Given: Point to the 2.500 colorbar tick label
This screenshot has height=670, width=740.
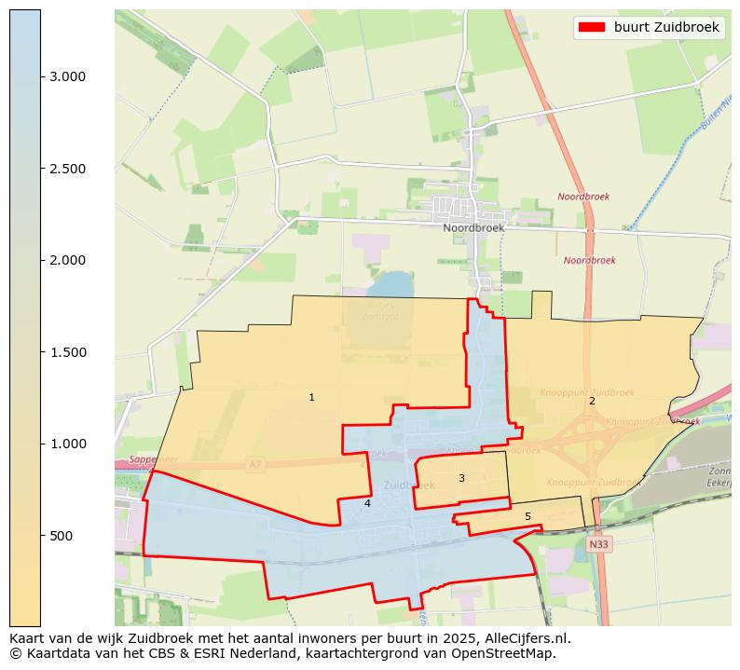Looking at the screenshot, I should [67, 169].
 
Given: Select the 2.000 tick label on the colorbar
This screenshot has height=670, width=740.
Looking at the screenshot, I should [67, 260].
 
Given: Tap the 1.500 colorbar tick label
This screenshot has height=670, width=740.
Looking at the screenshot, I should [67, 352].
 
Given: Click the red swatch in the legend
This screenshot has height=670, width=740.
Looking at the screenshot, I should [591, 27].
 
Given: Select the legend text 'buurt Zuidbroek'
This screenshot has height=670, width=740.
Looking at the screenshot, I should [666, 27].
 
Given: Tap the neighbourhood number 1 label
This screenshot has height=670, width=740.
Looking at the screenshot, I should [311, 398].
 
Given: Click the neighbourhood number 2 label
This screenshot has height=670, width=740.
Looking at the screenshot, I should [591, 402].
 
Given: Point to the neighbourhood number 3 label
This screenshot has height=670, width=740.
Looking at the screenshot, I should [461, 479].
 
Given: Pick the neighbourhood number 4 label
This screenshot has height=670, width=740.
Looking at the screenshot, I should [367, 504].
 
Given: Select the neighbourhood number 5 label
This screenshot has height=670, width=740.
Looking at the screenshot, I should [528, 517].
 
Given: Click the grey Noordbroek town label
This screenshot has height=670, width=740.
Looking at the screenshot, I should [473, 227].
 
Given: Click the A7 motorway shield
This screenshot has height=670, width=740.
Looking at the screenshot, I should [255, 463].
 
